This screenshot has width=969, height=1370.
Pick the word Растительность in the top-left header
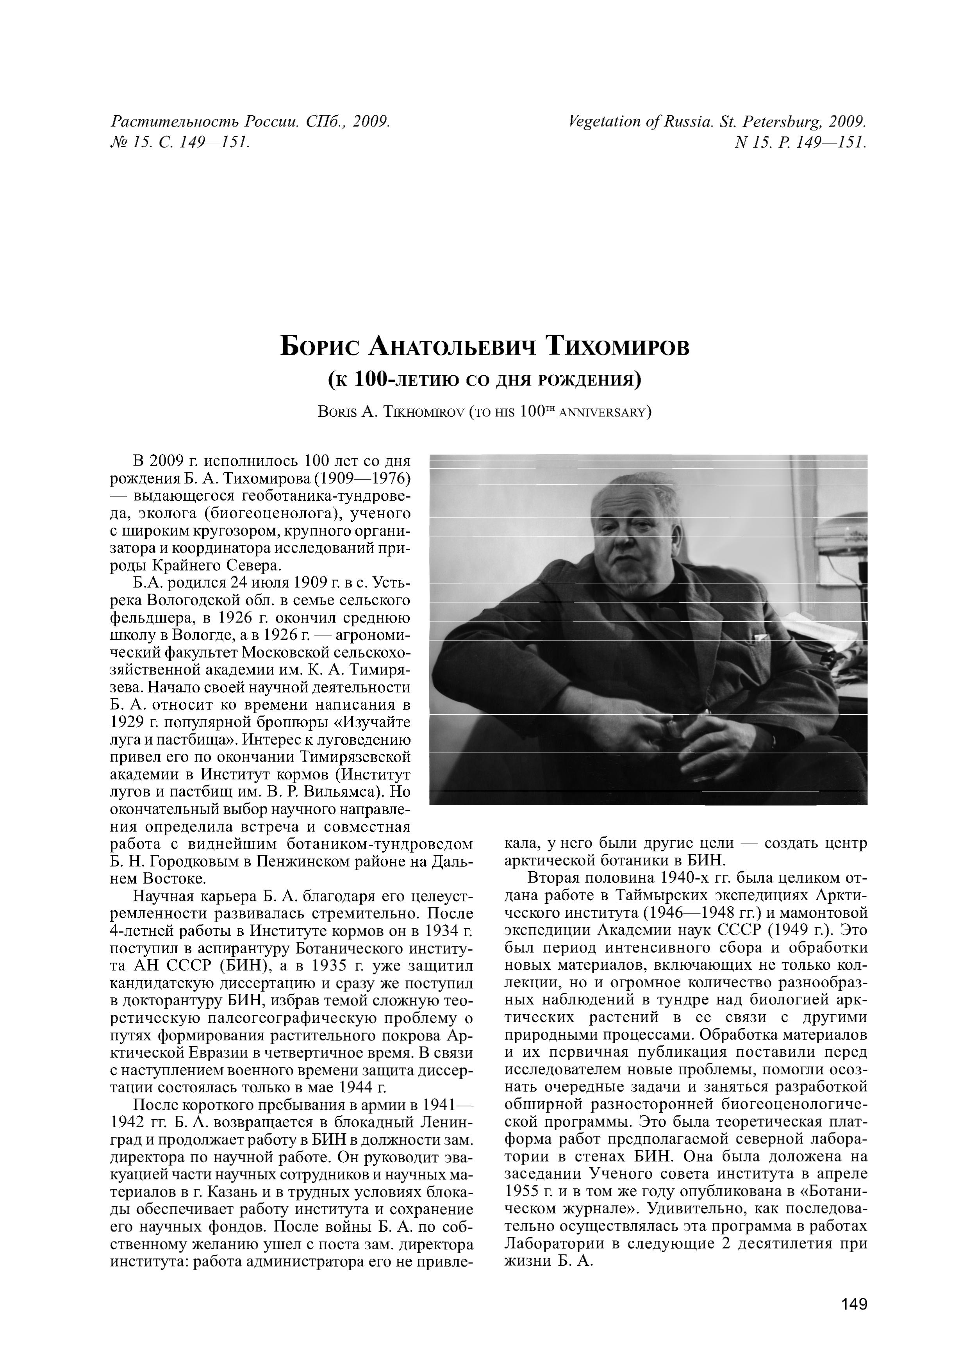[x=173, y=122]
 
